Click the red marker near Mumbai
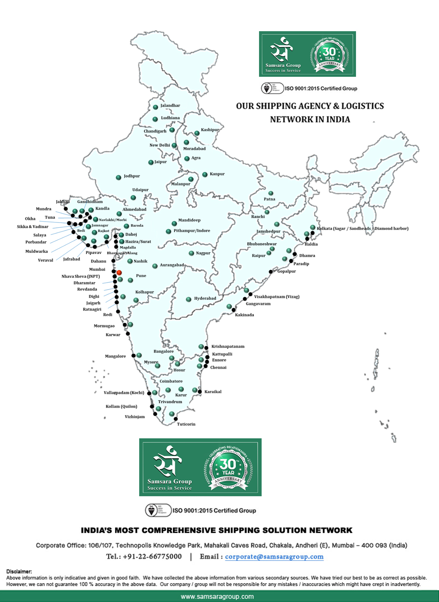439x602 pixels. pyautogui.click(x=119, y=272)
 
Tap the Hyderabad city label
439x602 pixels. pyautogui.click(x=205, y=298)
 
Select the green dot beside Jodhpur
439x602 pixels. pyautogui.click(x=119, y=178)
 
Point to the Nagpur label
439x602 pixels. pyautogui.click(x=203, y=253)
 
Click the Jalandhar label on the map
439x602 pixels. pyautogui.click(x=170, y=106)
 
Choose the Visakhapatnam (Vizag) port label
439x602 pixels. pyautogui.click(x=277, y=297)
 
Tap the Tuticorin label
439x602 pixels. pyautogui.click(x=186, y=424)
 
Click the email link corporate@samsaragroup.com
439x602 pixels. pyautogui.click(x=274, y=557)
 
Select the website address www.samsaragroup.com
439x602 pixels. pyautogui.click(x=217, y=597)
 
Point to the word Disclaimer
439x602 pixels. pyautogui.click(x=19, y=571)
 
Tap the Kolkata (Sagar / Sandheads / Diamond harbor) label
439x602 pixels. pyautogui.click(x=363, y=229)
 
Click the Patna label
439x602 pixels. pyautogui.click(x=270, y=199)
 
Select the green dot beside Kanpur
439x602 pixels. pyautogui.click(x=205, y=175)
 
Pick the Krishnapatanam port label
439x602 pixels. pyautogui.click(x=228, y=347)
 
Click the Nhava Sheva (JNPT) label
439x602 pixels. pyautogui.click(x=81, y=276)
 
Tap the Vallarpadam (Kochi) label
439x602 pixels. pyautogui.click(x=124, y=393)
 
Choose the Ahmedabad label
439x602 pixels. pyautogui.click(x=134, y=210)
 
